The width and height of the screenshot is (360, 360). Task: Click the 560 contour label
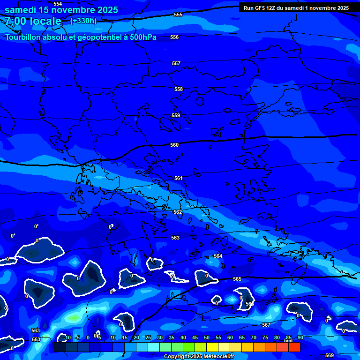click(174, 145)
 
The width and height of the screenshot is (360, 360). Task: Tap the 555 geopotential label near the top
click(178, 15)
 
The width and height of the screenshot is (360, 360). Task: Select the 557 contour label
click(176, 63)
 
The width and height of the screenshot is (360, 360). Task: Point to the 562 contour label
click(178, 212)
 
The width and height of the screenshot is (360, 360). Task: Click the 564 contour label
click(218, 256)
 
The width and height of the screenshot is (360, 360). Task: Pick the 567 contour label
click(266, 325)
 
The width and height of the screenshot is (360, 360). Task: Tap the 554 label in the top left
click(58, 4)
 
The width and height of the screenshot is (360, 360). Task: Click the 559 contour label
click(176, 115)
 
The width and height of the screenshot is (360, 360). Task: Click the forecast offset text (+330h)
click(83, 21)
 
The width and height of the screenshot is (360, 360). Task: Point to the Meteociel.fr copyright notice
click(199, 357)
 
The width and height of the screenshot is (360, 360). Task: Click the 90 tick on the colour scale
click(300, 338)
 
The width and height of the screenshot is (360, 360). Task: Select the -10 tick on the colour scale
click(67, 338)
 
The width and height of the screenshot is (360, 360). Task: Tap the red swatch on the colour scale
click(294, 347)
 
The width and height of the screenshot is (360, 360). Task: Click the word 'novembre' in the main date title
click(71, 10)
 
